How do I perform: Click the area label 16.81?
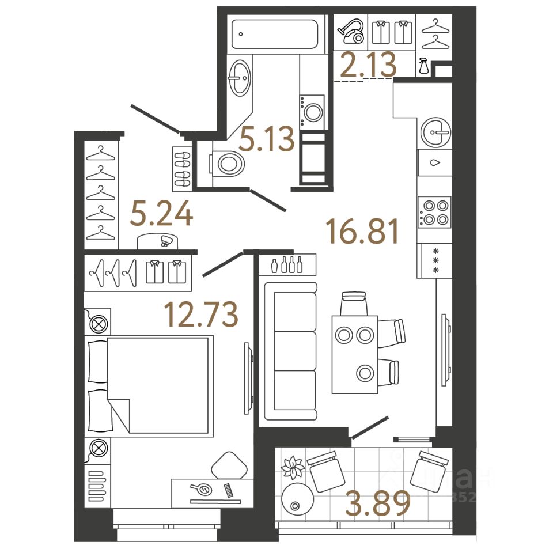click(362, 232)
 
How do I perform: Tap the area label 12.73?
click(201, 314)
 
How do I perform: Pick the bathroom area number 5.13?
click(267, 140)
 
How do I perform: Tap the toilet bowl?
click(229, 164)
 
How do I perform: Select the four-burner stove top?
click(435, 212)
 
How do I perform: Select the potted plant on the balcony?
click(294, 467)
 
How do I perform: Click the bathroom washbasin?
click(240, 78)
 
